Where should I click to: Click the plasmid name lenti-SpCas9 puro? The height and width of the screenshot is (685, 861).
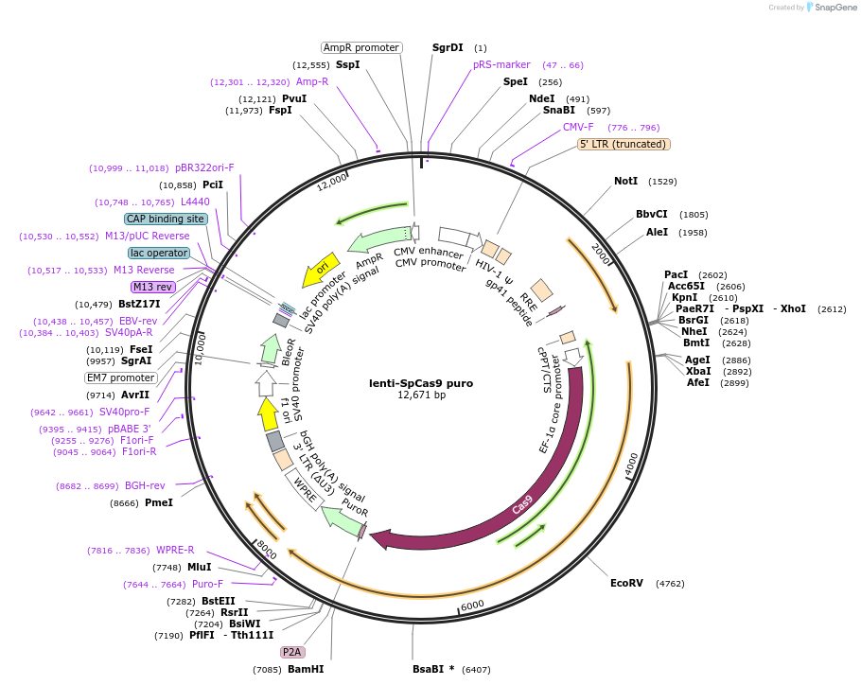[x=421, y=383]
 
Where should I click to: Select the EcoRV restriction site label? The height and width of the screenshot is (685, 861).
[x=626, y=583]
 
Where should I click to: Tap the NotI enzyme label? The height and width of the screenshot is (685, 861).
[x=625, y=181]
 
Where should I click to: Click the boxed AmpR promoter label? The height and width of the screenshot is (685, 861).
[x=361, y=47]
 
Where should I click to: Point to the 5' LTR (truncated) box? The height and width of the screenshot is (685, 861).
[x=624, y=144]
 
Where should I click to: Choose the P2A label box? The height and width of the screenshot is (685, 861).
[x=292, y=652]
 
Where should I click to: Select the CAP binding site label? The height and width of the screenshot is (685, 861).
[x=166, y=219]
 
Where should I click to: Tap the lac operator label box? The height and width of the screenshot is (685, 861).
[x=159, y=253]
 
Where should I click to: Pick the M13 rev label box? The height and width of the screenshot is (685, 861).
[x=152, y=287]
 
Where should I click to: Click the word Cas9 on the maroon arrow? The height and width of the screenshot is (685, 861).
[x=522, y=504]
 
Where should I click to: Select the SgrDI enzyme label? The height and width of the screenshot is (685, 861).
[x=448, y=47]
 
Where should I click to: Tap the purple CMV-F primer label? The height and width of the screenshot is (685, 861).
[x=578, y=127]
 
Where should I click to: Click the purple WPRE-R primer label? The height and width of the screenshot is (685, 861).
[x=175, y=550]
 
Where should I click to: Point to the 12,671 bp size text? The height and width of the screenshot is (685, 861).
[x=421, y=395]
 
